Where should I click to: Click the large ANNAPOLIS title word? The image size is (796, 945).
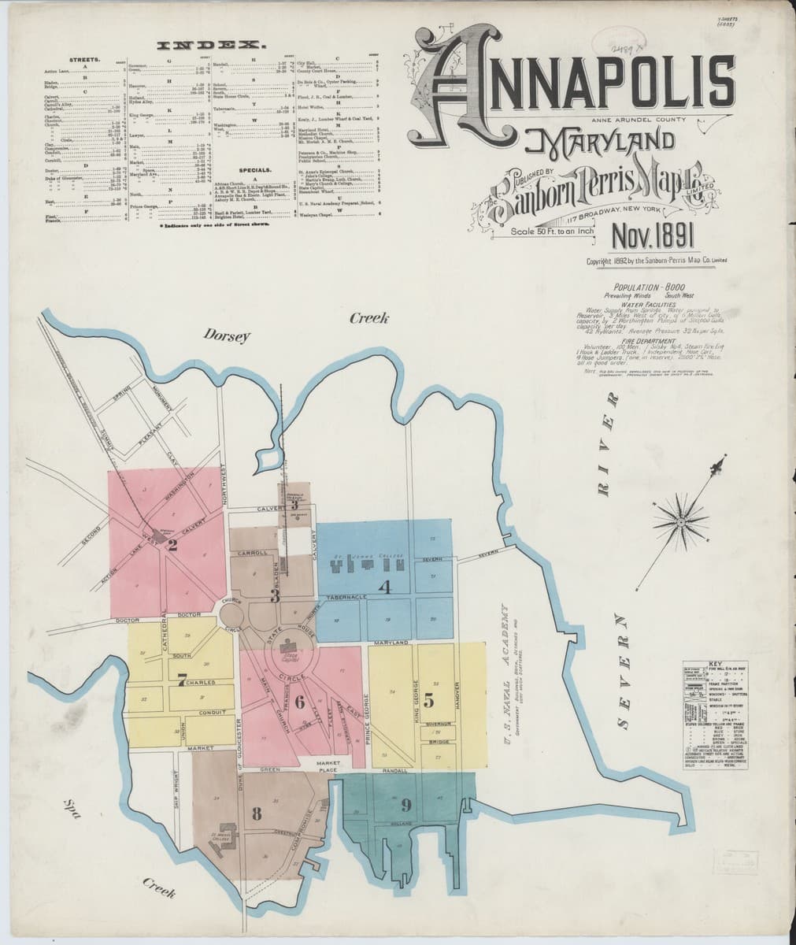click(579, 83)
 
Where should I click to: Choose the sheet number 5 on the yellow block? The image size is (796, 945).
click(428, 698)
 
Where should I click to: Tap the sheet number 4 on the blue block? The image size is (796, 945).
click(384, 586)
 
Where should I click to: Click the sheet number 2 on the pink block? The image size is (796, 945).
click(172, 543)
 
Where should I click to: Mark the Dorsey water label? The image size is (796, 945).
click(227, 336)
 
